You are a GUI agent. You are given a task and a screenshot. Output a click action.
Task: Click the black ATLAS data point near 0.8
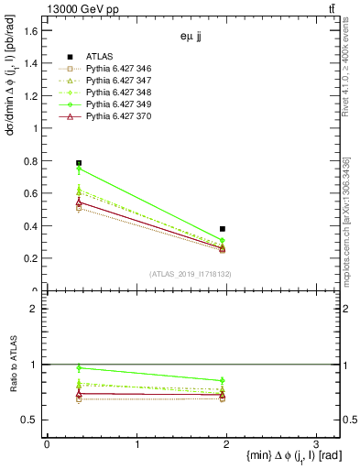(x=79, y=163)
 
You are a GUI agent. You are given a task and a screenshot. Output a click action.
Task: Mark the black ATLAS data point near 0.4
(x=223, y=229)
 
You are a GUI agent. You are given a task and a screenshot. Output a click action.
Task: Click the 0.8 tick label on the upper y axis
(x=30, y=161)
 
